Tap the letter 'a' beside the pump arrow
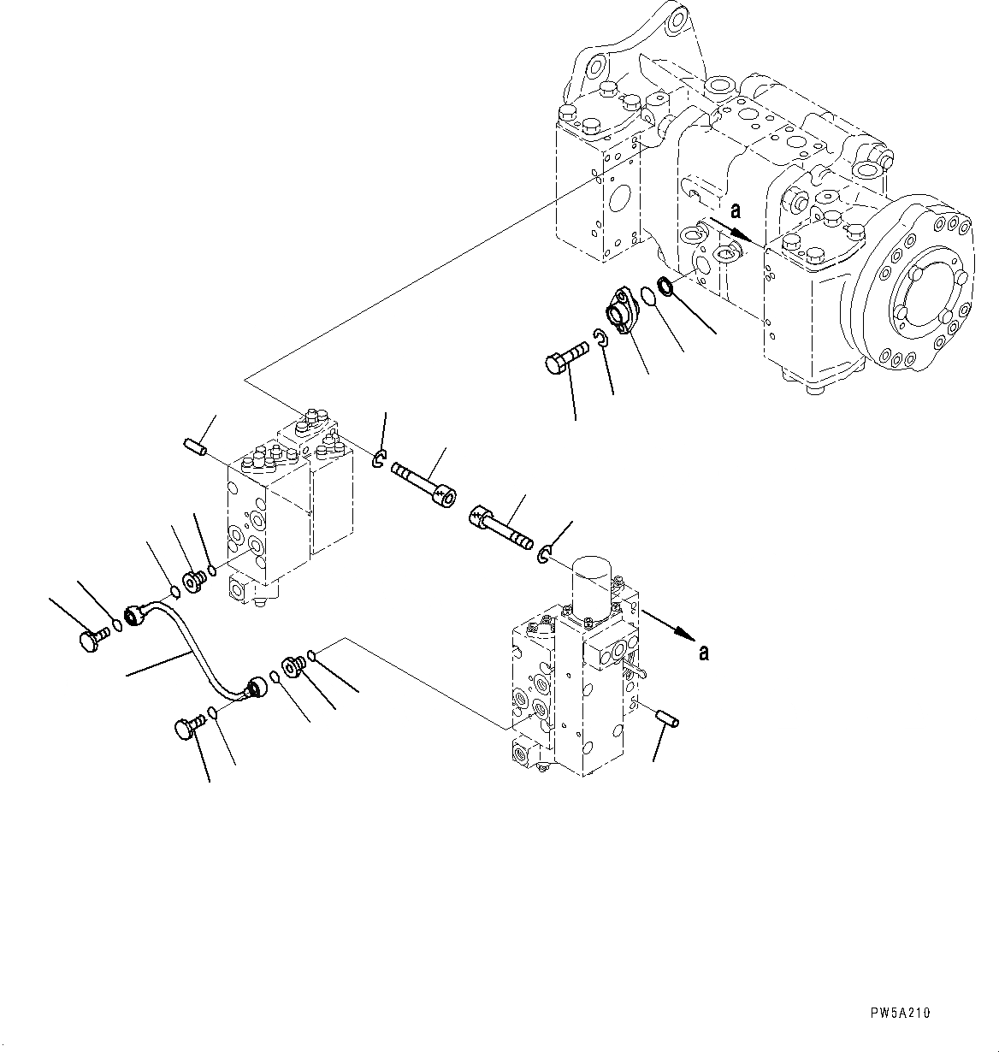[735, 211]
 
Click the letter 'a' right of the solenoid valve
[703, 653]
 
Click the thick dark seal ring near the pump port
[666, 286]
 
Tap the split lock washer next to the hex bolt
[600, 339]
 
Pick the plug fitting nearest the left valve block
[193, 582]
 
